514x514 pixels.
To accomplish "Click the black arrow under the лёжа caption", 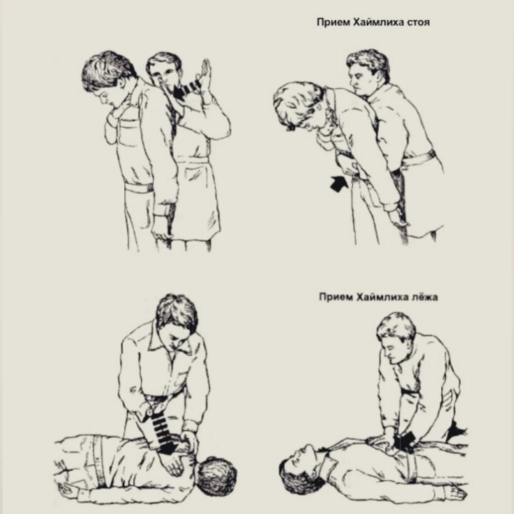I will click(x=406, y=441).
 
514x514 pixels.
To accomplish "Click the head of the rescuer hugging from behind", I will click(x=163, y=72).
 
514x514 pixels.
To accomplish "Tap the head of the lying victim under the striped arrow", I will click(x=216, y=477).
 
